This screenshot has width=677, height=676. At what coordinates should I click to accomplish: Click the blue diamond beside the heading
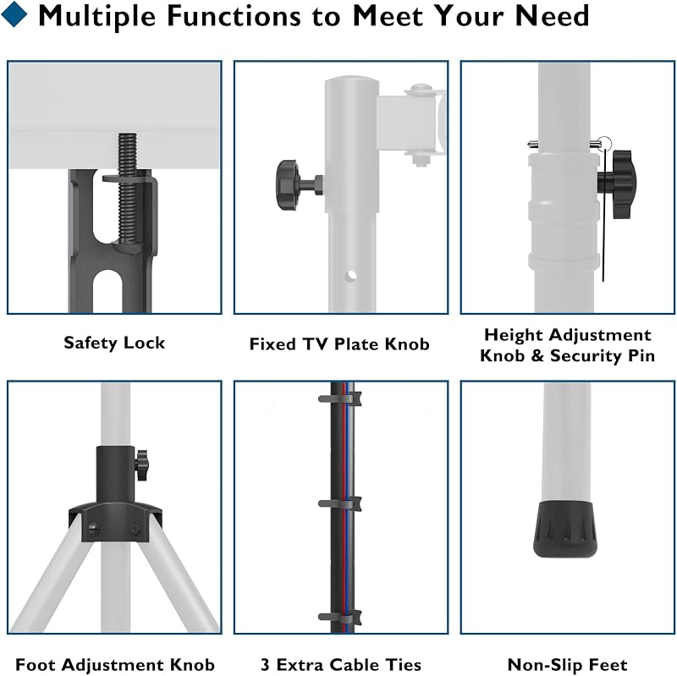pyautogui.click(x=14, y=14)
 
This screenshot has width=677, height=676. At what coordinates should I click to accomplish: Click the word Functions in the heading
pyautogui.click(x=234, y=16)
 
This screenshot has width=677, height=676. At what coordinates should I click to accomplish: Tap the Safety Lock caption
pyautogui.click(x=114, y=343)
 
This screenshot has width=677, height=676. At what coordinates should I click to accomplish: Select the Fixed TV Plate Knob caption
pyautogui.click(x=339, y=344)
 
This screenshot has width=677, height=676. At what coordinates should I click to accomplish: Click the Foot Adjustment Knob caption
pyautogui.click(x=115, y=664)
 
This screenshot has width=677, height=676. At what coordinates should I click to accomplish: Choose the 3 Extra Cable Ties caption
pyautogui.click(x=341, y=664)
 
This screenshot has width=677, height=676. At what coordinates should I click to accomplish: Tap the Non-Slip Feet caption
pyautogui.click(x=567, y=664)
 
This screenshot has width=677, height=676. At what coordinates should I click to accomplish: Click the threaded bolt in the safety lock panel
pyautogui.click(x=128, y=190)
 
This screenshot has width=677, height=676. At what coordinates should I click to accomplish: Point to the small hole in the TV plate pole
pyautogui.click(x=351, y=275)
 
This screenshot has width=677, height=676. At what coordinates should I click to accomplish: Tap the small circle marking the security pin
pyautogui.click(x=605, y=143)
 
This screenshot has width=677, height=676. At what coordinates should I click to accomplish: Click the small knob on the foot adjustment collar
pyautogui.click(x=141, y=465)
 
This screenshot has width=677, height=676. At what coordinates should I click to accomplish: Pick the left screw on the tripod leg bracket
pyautogui.click(x=93, y=530)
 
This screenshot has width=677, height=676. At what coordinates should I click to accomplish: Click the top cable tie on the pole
pyautogui.click(x=340, y=398)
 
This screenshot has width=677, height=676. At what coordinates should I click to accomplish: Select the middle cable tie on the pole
pyautogui.click(x=340, y=503)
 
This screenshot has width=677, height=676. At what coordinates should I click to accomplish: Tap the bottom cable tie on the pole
pyautogui.click(x=340, y=618)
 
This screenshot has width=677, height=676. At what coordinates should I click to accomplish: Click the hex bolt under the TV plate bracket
pyautogui.click(x=418, y=160)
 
